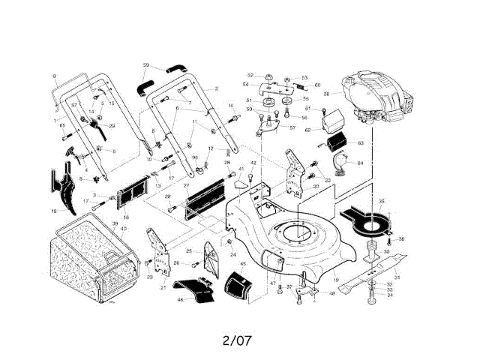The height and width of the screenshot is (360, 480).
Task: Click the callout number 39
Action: pyautogui.click(x=115, y=225)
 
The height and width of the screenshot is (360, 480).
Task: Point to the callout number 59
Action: pyautogui.click(x=146, y=65)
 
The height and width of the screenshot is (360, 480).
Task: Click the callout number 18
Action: pyautogui.click(x=53, y=212)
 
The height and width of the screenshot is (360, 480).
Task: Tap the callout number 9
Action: pyautogui.click(x=54, y=76)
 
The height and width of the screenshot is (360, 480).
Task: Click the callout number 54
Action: pyautogui.click(x=246, y=85)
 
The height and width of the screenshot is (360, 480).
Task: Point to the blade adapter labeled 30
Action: pyautogui.click(x=371, y=248)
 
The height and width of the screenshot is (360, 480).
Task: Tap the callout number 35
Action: pyautogui.click(x=381, y=202)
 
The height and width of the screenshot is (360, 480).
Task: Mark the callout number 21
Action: pyautogui.click(x=163, y=287)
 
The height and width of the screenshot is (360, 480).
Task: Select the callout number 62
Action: pyautogui.click(x=307, y=130)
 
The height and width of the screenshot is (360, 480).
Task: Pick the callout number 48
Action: pyautogui.click(x=331, y=294)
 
